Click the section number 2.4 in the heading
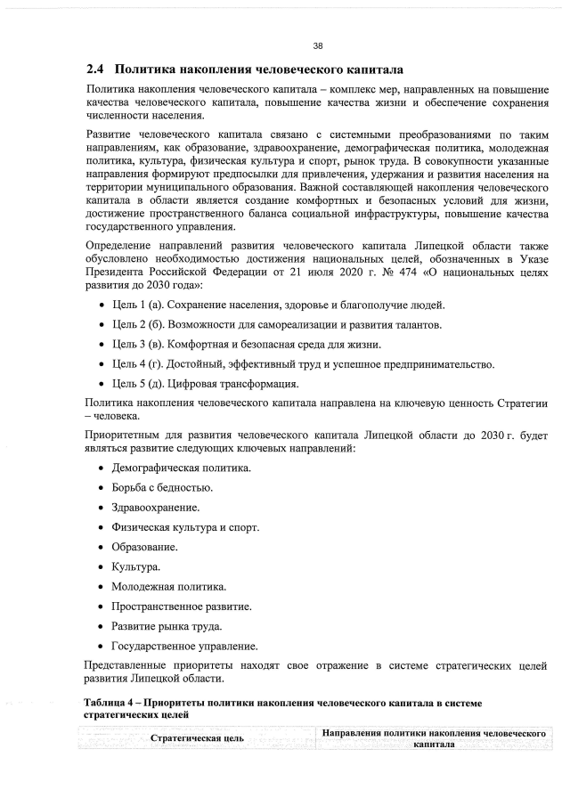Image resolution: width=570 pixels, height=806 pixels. pyautogui.click(x=95, y=69)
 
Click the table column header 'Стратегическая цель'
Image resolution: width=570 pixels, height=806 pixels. pyautogui.click(x=197, y=738)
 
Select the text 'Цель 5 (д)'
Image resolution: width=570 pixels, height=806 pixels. pyautogui.click(x=138, y=385)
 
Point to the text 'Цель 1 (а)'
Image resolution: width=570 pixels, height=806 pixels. pyautogui.click(x=138, y=305)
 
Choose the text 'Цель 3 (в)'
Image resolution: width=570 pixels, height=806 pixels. pyautogui.click(x=138, y=345)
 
